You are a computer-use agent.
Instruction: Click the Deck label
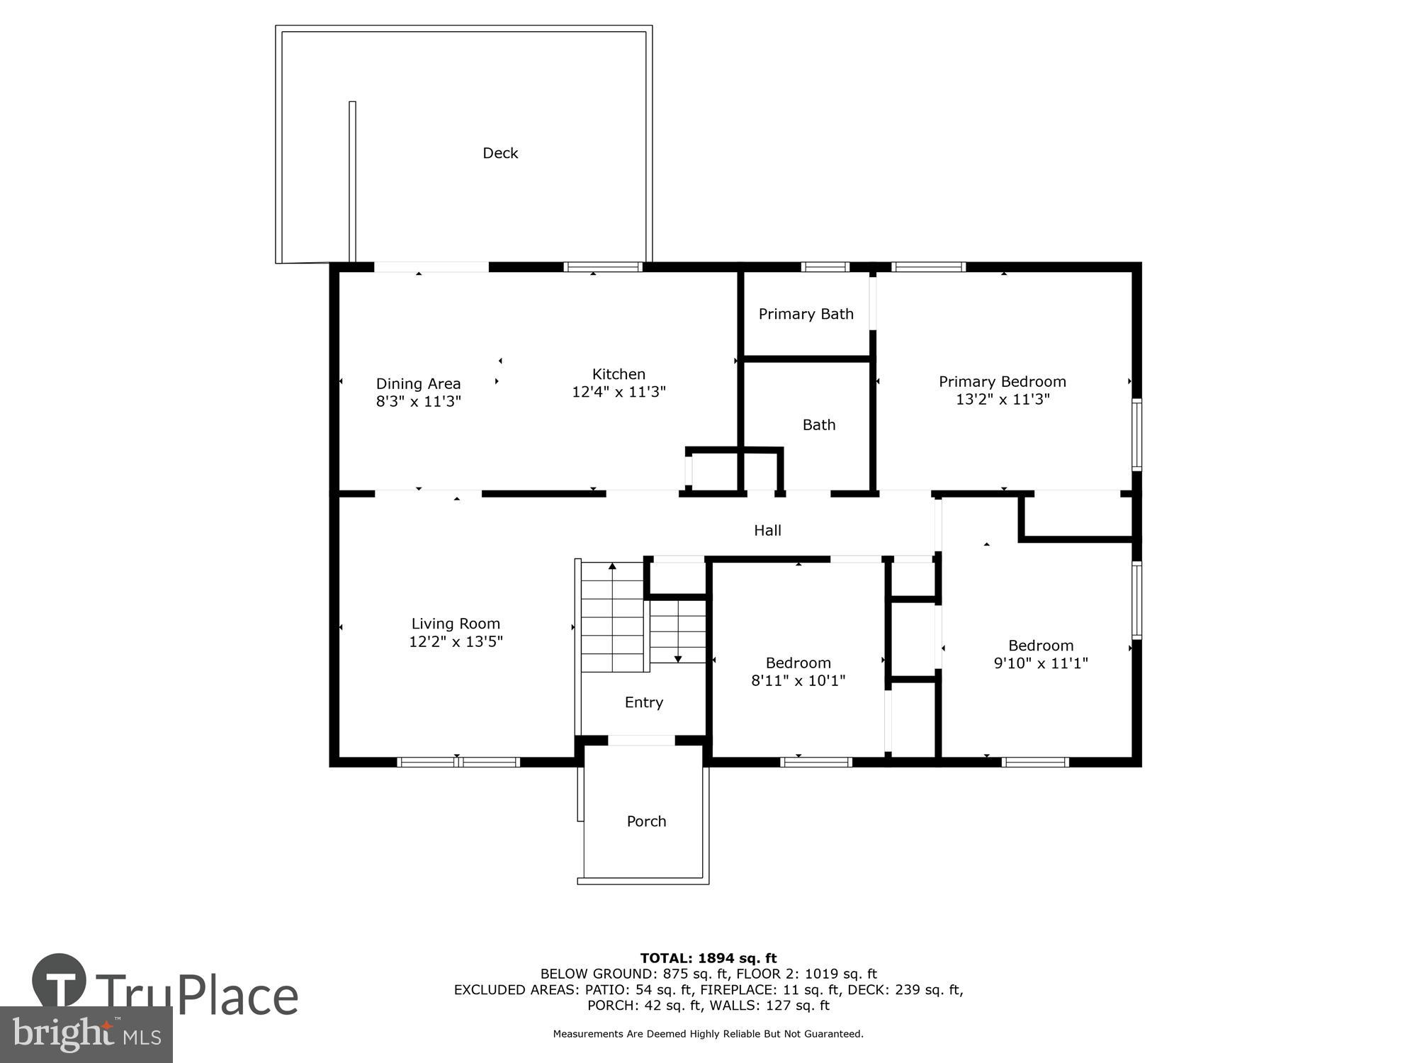click(x=500, y=153)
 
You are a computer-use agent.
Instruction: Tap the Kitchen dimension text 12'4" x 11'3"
click(x=619, y=392)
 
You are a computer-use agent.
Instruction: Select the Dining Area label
click(x=418, y=383)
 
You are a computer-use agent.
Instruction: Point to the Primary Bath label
click(x=806, y=314)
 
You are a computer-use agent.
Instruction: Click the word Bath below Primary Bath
click(x=818, y=424)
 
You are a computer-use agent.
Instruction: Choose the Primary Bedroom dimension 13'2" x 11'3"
click(x=1002, y=399)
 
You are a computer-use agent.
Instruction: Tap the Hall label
click(x=767, y=530)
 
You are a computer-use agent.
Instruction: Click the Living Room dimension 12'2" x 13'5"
click(x=456, y=641)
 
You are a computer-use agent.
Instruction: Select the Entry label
click(x=643, y=702)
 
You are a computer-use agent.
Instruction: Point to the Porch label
click(x=646, y=821)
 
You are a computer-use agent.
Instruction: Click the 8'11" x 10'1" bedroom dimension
click(x=798, y=680)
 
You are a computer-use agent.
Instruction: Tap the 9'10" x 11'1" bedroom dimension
click(x=1040, y=663)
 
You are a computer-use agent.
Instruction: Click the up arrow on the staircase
click(x=612, y=566)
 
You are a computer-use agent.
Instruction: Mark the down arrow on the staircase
click(x=677, y=658)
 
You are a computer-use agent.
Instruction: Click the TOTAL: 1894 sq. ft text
click(x=708, y=958)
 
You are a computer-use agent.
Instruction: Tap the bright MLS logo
click(x=86, y=1035)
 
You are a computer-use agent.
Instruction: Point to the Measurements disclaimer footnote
click(x=708, y=1034)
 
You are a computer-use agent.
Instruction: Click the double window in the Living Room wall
click(x=458, y=763)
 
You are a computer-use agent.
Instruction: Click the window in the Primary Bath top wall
click(x=825, y=267)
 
